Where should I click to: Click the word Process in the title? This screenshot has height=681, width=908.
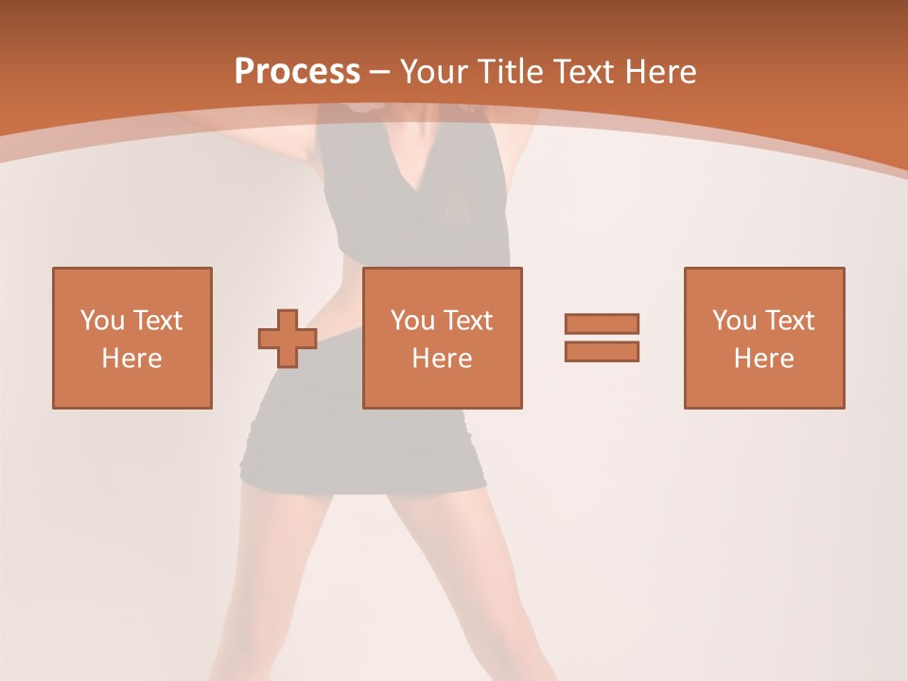pos(297,71)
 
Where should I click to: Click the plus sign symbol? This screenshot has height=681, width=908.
pos(288,339)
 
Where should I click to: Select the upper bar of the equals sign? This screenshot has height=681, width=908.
pos(602,323)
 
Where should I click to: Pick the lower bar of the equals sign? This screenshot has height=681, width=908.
pos(602,351)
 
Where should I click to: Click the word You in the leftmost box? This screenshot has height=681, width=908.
pos(102,321)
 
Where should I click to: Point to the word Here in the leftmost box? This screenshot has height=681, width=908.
pos(131,358)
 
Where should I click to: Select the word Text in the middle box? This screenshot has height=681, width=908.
pos(467,321)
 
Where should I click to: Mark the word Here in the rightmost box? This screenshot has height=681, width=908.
pos(763,358)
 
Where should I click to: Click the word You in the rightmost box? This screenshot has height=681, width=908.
pos(734,321)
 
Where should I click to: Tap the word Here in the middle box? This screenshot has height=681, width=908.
pos(442,358)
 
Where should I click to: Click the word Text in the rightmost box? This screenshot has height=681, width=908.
pos(789,321)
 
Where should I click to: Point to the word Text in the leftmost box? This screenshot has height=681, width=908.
pos(157,321)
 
